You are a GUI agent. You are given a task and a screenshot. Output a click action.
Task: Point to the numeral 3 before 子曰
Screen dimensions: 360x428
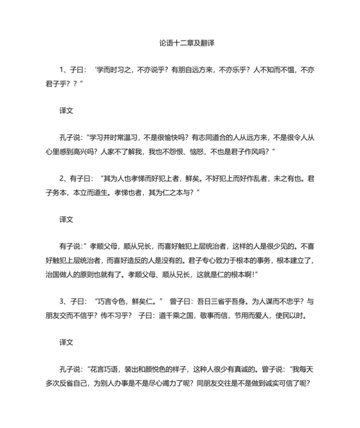(x=62, y=299)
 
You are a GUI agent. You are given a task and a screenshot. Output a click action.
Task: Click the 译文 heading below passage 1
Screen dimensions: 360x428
(x=66, y=110)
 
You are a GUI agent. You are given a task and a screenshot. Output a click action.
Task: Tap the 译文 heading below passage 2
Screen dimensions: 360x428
(x=66, y=219)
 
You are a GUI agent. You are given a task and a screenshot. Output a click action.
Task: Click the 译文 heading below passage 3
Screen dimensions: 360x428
(x=66, y=342)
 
